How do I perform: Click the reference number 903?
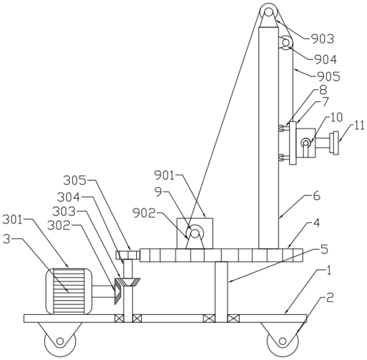[x=323, y=39]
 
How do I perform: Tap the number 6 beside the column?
[x=316, y=196]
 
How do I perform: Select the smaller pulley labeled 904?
[x=286, y=43]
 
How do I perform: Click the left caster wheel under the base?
[x=61, y=341]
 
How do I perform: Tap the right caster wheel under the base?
[x=282, y=341]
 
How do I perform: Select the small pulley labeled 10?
[x=306, y=143]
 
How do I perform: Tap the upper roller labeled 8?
[x=282, y=128]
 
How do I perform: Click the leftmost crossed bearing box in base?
[x=119, y=318]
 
